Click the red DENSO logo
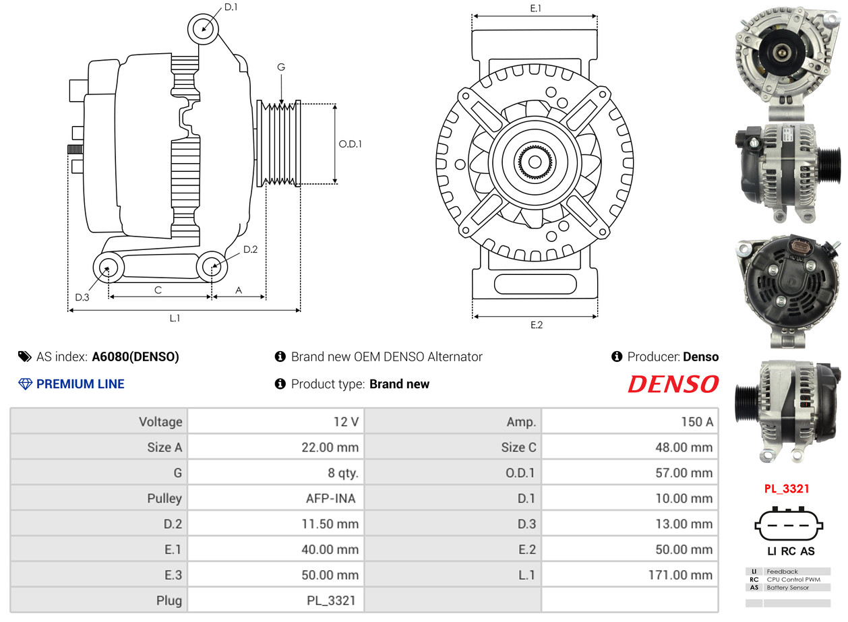[x=673, y=384]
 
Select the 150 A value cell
[x=697, y=422]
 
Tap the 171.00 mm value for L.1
[x=680, y=575]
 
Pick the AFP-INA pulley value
[x=330, y=499]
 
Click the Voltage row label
[x=160, y=422]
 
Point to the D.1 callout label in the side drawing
[x=231, y=7]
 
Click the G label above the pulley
[x=281, y=67]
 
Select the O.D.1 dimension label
[x=350, y=144]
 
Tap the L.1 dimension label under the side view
[x=175, y=318]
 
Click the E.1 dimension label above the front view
[x=535, y=8]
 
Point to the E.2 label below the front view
[x=537, y=325]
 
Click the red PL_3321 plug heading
[x=787, y=489]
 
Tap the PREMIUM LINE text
[x=80, y=384]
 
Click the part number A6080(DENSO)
[x=135, y=356]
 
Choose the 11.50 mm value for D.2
[x=330, y=524]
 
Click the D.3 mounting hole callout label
[x=82, y=298]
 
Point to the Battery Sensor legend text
[x=787, y=588]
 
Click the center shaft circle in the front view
[x=535, y=162]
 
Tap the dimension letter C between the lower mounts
[x=158, y=290]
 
